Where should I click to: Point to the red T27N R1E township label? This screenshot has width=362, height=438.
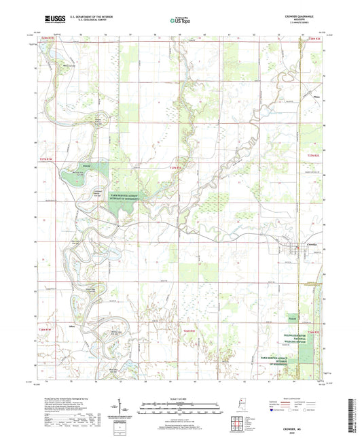[176, 167]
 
